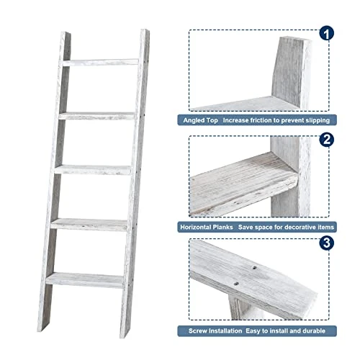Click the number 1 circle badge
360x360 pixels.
click(x=326, y=33)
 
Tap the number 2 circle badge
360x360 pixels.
click(x=326, y=140)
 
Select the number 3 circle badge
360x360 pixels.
click(x=326, y=243)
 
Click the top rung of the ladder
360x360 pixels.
click(x=101, y=62)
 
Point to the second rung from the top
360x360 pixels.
click(x=96, y=116)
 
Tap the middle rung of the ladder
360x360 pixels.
click(x=93, y=170)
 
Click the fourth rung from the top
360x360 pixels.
click(x=89, y=225)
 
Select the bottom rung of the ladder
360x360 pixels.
click(x=85, y=280)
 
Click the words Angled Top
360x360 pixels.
click(x=200, y=120)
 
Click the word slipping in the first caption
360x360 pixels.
click(x=318, y=120)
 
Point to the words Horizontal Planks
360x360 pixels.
click(x=207, y=227)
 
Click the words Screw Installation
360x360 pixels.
click(x=215, y=331)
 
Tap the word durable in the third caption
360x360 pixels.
click(x=314, y=331)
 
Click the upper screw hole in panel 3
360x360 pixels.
click(x=254, y=267)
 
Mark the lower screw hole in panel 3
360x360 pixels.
click(x=236, y=284)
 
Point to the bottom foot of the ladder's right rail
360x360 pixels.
click(x=125, y=333)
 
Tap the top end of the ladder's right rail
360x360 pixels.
click(x=145, y=31)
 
